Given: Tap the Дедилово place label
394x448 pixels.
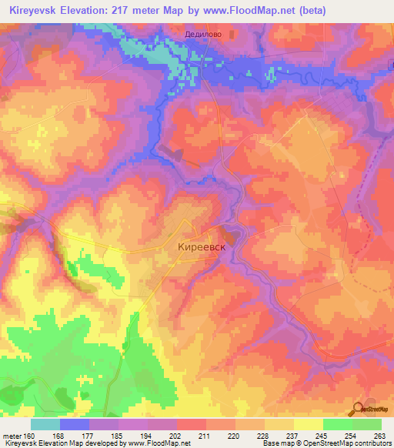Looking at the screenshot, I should click(203, 34).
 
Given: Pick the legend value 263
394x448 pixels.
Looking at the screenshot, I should click(379, 435).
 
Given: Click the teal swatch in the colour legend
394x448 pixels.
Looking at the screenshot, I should click(45, 424).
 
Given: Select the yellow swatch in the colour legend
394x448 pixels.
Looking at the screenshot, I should click(309, 424).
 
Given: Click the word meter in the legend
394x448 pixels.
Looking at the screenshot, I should click(13, 435).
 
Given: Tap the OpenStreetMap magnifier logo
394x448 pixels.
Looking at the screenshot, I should click(358, 409).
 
